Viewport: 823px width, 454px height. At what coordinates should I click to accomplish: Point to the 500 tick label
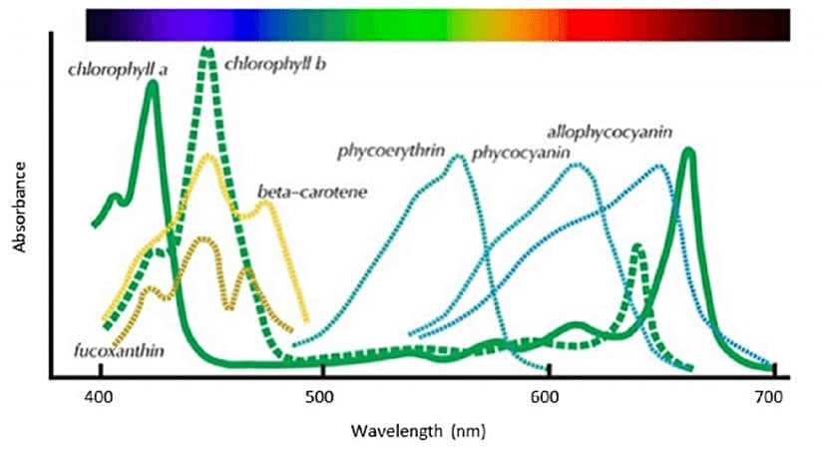tap(322, 397)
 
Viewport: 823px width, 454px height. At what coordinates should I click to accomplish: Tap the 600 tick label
tap(546, 397)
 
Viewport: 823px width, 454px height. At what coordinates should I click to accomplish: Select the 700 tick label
tap(769, 397)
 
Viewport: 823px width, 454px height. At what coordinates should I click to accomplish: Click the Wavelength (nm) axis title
tap(411, 433)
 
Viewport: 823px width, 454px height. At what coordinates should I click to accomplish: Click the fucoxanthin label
tap(120, 351)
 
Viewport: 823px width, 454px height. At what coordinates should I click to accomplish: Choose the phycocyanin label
tap(520, 153)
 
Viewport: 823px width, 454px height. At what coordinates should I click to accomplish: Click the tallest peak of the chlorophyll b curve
tap(207, 50)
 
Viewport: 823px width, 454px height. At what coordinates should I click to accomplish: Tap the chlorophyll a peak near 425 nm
tap(152, 84)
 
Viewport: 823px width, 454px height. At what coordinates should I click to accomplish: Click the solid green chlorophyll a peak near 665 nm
tap(688, 152)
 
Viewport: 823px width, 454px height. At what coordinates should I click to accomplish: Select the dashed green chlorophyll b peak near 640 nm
tap(637, 246)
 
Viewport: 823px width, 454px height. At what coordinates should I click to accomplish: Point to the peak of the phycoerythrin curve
tap(459, 157)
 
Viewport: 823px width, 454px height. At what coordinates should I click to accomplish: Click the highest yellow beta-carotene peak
tap(208, 157)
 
